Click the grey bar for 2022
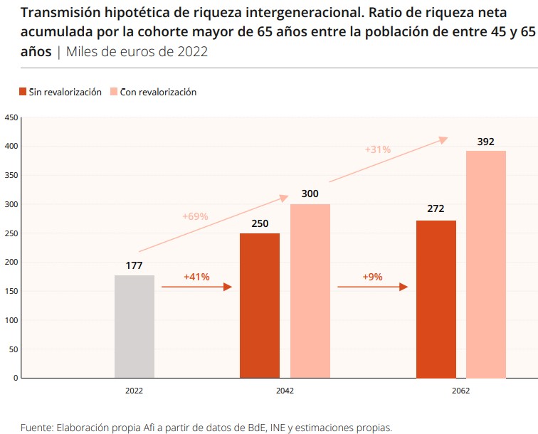coord(134,326)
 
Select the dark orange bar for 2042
coord(260,305)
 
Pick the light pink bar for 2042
coord(310,290)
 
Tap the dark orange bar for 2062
coord(436,299)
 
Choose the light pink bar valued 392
coord(486,264)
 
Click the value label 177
coord(134,266)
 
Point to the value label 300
coord(310,194)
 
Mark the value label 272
coord(436,210)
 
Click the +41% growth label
coord(196,277)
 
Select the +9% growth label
coord(371,277)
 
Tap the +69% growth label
coord(195,216)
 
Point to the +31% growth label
coord(378,150)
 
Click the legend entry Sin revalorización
coord(64,92)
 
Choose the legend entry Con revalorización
coord(158,92)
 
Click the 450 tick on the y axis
coord(11,117)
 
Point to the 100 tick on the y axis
coord(11,320)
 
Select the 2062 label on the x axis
coord(460,391)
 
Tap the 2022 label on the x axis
coord(134,391)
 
